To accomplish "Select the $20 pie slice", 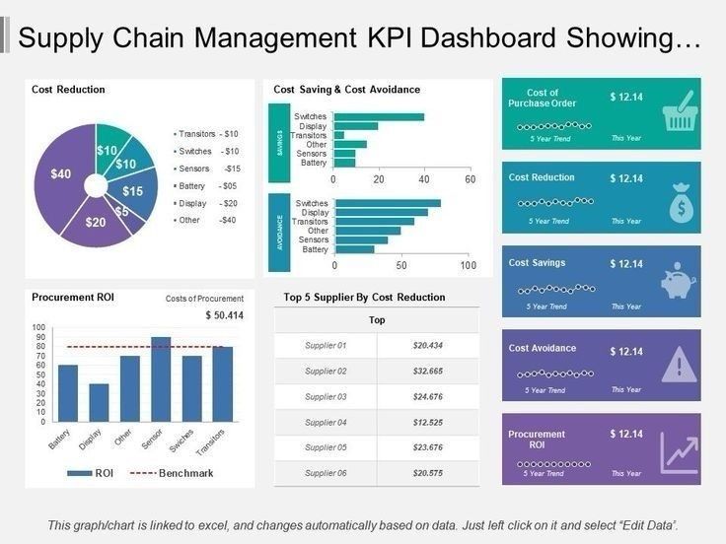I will tap(95, 223).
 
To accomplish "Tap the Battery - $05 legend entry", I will tap(206, 185).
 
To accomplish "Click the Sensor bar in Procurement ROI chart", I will tap(161, 379).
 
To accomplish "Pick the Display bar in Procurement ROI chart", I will tap(99, 403).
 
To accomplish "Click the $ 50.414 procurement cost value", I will tap(224, 315).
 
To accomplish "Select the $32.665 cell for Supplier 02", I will tap(427, 372).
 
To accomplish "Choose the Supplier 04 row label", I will tap(326, 423).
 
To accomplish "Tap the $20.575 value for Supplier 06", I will tap(427, 474).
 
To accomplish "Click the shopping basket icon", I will tap(679, 112).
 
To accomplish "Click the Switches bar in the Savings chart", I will tap(379, 117).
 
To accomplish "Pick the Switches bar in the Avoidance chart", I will tap(388, 203).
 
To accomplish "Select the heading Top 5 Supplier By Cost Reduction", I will tap(364, 297).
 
